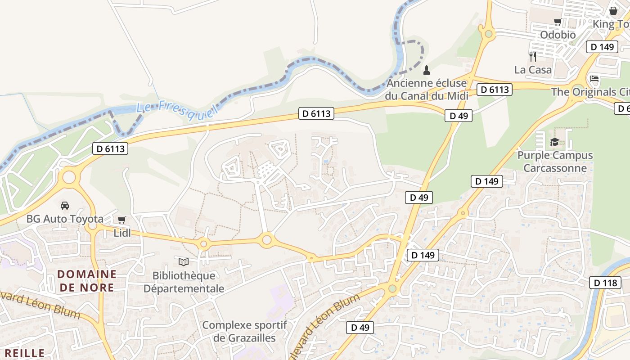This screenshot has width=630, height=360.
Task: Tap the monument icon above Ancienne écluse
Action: click(427, 70)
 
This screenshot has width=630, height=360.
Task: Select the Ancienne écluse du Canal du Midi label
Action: click(427, 90)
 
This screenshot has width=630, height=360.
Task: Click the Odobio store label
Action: click(558, 35)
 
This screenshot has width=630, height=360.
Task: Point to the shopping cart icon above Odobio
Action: click(558, 22)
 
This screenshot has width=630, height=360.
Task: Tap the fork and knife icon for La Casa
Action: click(533, 56)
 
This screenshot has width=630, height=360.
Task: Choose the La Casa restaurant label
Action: click(533, 70)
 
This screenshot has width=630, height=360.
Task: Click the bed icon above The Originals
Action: click(594, 79)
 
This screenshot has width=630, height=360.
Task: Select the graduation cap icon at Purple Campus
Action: click(554, 142)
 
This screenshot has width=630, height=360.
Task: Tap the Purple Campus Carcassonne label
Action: click(555, 162)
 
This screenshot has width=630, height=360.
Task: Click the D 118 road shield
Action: click(605, 283)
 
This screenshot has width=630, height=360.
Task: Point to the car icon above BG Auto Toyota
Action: click(65, 206)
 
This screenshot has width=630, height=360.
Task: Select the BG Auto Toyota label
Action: click(65, 219)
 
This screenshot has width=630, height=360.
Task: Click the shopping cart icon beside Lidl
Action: click(121, 220)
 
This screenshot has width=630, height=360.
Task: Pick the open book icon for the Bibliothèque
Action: click(183, 261)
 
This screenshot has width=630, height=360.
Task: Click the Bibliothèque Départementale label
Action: click(184, 282)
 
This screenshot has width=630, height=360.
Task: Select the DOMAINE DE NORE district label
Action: click(87, 281)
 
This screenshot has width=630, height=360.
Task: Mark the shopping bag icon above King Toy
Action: click(613, 11)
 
